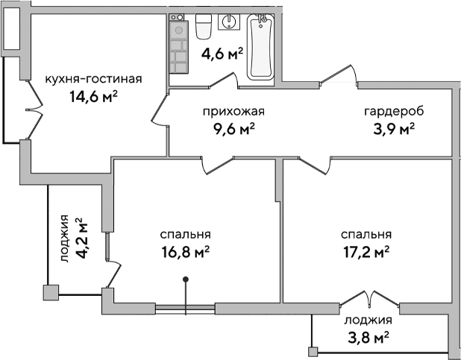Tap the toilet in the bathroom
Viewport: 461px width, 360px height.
204,28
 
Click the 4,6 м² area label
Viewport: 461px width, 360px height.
223,53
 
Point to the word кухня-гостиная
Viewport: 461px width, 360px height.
93,80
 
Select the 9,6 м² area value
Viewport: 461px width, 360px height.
234,128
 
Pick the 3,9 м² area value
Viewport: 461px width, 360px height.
393,128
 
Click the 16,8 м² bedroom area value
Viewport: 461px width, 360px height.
186,252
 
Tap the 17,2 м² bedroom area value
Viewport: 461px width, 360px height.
366,252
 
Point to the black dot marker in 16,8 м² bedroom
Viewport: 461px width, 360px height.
186,280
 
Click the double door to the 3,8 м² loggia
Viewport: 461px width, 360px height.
366,297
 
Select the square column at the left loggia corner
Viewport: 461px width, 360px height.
51,292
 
